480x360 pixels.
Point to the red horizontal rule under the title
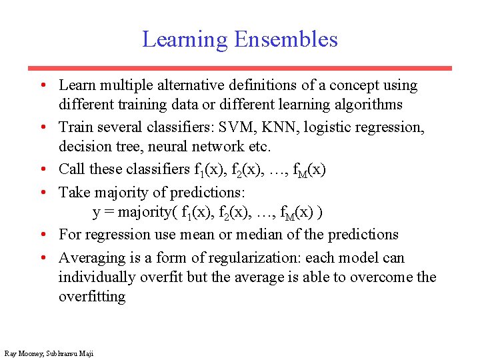tap(239, 68)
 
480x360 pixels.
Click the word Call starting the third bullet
tap(71, 169)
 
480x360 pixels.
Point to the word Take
tap(73, 193)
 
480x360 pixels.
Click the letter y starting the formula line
tap(96, 213)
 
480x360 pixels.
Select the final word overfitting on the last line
tap(91, 296)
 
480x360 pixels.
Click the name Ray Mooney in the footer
tap(23, 353)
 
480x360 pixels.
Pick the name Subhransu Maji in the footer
tap(70, 353)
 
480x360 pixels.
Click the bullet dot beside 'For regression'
tap(42, 235)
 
